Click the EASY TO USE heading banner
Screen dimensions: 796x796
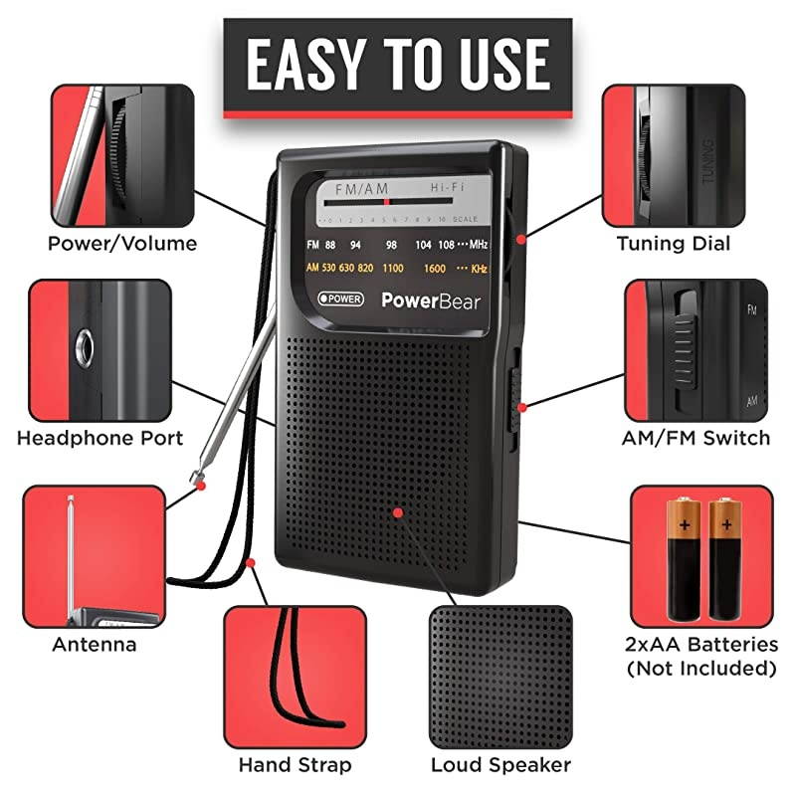(x=397, y=65)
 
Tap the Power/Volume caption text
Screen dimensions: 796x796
(x=123, y=244)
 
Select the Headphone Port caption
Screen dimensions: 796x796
(x=100, y=438)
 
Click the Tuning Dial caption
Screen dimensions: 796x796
(x=674, y=244)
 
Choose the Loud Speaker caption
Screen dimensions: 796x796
(x=500, y=765)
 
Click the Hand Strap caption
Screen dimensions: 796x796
(x=295, y=765)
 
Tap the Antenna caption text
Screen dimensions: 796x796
(x=95, y=645)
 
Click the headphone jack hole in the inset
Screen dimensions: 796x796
(x=85, y=348)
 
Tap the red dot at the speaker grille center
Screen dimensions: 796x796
(x=397, y=512)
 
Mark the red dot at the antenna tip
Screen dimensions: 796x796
(x=201, y=485)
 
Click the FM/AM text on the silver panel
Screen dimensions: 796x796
(x=361, y=189)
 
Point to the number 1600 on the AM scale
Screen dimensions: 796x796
(x=434, y=269)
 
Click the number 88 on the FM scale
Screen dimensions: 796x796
(x=330, y=245)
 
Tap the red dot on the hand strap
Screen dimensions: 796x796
(x=251, y=563)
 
